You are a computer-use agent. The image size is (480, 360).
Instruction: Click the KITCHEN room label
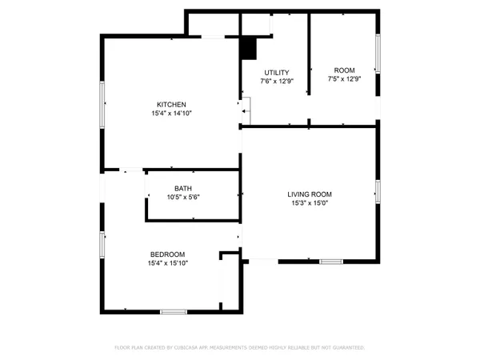point(171,105)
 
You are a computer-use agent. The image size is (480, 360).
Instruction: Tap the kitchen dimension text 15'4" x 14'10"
point(171,114)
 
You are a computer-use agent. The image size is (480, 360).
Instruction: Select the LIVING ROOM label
point(310,194)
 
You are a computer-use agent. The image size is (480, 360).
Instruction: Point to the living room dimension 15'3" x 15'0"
point(310,203)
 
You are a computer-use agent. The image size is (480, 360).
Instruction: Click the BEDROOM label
point(166,254)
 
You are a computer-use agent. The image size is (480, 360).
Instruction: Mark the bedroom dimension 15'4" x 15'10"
point(166,263)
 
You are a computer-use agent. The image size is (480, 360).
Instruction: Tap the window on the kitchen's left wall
point(101,104)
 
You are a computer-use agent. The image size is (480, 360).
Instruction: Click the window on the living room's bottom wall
point(331,262)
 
